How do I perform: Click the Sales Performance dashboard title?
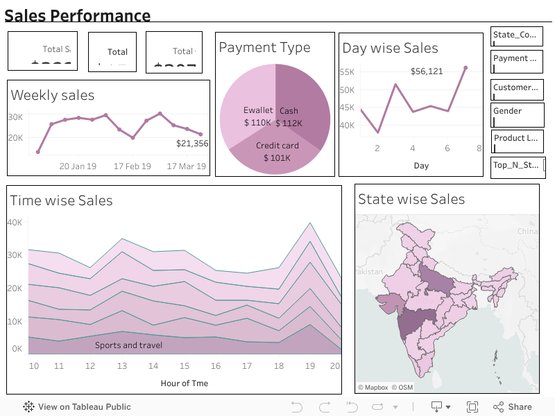[78, 16]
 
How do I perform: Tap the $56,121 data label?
[427, 71]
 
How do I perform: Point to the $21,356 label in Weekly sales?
[192, 144]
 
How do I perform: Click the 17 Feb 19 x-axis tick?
[132, 166]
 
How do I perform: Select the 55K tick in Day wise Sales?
[347, 72]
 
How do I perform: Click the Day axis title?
[421, 166]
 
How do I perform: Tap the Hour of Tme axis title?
[184, 383]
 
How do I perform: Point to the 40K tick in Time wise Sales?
[15, 223]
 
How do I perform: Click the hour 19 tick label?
[310, 366]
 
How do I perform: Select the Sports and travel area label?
[129, 345]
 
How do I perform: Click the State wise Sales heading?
[411, 200]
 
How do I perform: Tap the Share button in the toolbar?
[513, 407]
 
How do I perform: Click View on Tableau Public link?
[77, 407]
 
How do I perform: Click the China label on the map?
[527, 231]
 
